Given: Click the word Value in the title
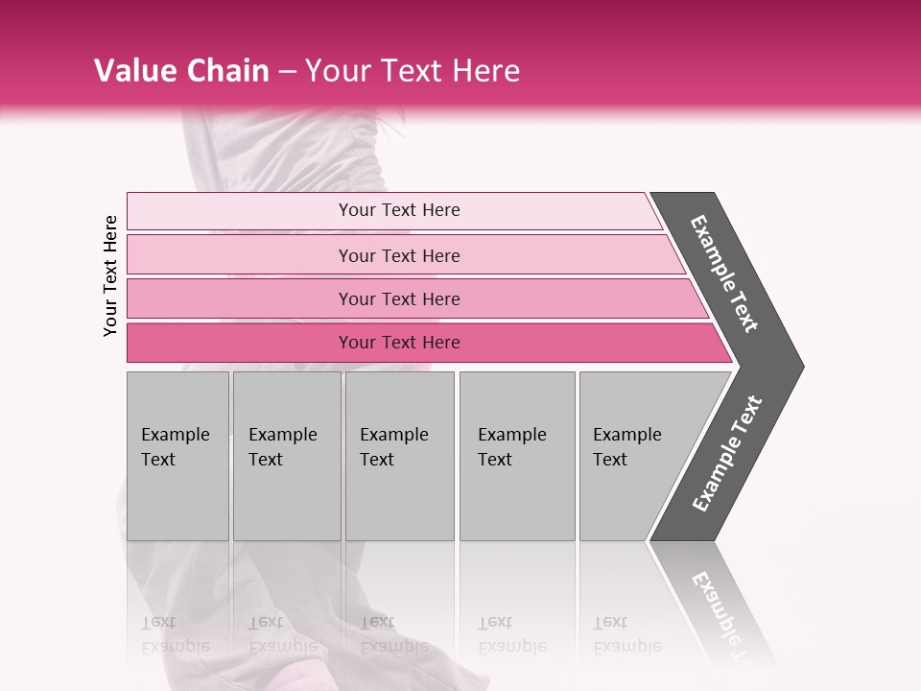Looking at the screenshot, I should click(x=133, y=71).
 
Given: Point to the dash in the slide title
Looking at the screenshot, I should click(x=287, y=72).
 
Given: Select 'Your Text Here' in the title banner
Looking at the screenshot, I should click(x=413, y=71).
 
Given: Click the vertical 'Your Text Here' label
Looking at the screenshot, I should click(x=110, y=276).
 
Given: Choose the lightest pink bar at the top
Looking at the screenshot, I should click(x=398, y=210).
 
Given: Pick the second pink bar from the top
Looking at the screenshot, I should click(x=398, y=255).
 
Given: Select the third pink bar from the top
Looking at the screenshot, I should click(x=398, y=298).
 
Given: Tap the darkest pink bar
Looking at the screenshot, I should click(x=398, y=343).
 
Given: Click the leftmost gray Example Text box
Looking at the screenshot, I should click(x=177, y=455).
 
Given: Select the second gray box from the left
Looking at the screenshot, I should click(x=286, y=455).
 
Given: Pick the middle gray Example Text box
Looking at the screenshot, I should click(x=399, y=455).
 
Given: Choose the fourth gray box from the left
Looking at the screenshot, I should click(x=516, y=455).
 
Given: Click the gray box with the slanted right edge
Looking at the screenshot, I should click(x=633, y=455).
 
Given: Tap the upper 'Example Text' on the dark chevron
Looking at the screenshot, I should click(x=724, y=274).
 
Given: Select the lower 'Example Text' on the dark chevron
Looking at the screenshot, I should click(x=727, y=453).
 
